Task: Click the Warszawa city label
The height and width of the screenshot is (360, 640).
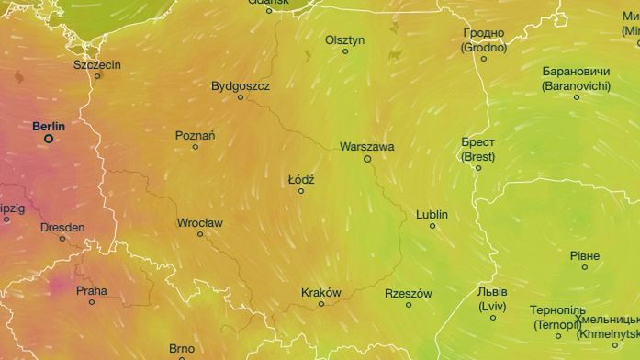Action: coord(366,146)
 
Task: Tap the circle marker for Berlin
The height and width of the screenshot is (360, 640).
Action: coord(49,139)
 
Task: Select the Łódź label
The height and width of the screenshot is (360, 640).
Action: coord(301,179)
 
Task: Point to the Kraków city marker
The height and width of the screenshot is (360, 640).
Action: coord(321,304)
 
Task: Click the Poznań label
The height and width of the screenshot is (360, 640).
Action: coord(195,136)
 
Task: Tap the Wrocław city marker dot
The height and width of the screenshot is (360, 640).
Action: coord(200,234)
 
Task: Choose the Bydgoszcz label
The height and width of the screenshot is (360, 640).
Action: coord(241,85)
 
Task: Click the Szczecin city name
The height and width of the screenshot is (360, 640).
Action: coord(97,65)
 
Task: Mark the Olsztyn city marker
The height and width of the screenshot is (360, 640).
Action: coord(345,51)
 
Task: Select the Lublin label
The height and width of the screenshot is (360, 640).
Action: coord(432,214)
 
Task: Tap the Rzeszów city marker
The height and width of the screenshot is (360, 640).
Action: coord(409,305)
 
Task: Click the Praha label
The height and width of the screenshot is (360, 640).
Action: coord(92,291)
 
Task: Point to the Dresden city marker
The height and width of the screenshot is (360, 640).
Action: coord(62,239)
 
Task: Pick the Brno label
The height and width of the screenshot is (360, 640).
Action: coord(182,349)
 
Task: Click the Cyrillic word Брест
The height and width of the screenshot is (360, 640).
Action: coord(478,143)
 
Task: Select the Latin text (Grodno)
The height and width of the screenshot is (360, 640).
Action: coord(484,47)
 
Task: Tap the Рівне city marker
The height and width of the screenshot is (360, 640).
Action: coord(585,267)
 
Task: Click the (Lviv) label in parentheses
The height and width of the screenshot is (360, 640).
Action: coord(492,306)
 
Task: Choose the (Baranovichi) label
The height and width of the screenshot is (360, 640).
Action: coord(577,85)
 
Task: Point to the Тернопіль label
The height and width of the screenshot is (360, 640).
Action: coord(556,310)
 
